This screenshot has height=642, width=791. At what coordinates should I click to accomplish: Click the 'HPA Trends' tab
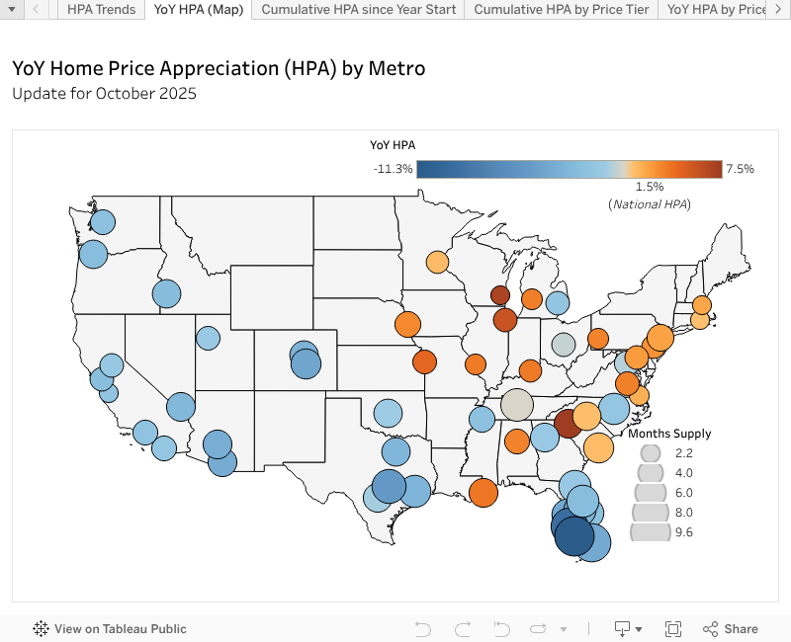102,9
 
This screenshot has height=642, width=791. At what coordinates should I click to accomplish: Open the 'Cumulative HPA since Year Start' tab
359,9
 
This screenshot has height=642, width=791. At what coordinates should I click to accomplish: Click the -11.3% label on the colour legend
393,169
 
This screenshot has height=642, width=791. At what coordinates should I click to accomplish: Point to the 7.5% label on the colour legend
740,169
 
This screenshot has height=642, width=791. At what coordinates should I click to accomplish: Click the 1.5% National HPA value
649,187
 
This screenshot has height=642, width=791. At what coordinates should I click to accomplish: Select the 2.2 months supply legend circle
651,453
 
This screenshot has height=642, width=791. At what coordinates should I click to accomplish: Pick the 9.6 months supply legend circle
651,532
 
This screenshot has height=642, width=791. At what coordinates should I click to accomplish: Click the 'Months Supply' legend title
669,434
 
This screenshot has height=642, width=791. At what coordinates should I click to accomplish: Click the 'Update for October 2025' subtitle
104,94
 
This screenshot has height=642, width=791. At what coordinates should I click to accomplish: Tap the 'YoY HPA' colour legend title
393,144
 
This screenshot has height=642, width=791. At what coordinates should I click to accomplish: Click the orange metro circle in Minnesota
437,263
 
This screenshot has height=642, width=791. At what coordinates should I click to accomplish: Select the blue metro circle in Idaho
166,293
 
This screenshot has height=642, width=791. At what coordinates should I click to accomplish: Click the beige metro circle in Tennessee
516,405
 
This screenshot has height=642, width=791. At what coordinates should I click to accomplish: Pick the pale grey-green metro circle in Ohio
563,345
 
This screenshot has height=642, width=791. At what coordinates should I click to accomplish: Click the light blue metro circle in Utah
208,338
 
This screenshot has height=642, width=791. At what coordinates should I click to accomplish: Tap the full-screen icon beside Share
673,629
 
